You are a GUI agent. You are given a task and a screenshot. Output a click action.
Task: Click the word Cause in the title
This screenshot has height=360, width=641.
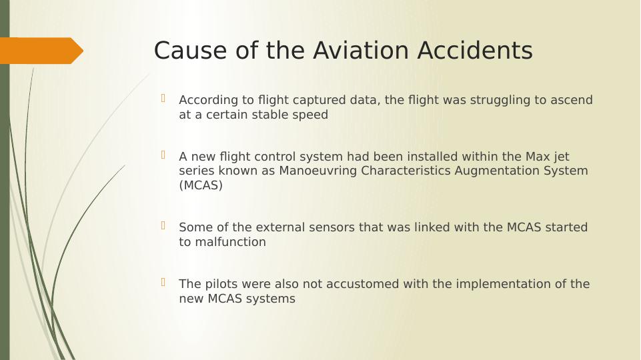click(190, 51)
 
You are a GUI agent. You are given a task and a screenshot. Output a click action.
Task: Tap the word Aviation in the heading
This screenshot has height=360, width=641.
click(361, 51)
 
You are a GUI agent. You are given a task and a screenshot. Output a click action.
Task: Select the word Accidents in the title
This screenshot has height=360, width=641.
click(475, 51)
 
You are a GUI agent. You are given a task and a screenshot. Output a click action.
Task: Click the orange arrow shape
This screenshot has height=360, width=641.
click(41, 51)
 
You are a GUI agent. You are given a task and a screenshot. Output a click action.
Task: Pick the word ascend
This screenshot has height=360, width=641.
click(572, 100)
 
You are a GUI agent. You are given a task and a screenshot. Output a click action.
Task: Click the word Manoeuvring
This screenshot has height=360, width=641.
click(318, 171)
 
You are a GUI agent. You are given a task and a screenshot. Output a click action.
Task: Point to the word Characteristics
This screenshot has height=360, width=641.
click(406, 171)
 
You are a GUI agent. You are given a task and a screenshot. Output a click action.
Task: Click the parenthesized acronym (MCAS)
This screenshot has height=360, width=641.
click(201, 185)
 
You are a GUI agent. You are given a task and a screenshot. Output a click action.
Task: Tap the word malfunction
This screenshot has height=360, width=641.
click(231, 241)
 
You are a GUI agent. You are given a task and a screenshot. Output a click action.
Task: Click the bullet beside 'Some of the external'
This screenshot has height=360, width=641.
click(163, 225)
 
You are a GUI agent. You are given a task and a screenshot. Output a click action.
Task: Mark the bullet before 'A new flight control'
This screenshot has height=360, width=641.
click(163, 155)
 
